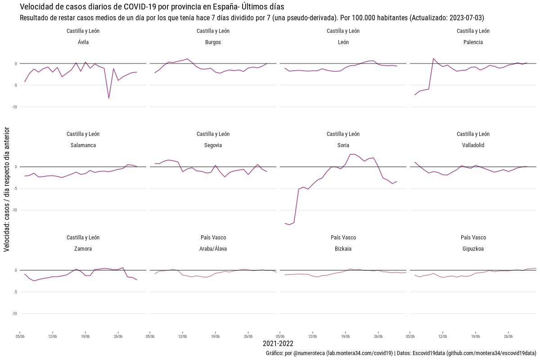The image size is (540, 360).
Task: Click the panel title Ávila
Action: (x=83, y=42)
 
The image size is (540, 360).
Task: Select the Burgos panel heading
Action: (x=213, y=42)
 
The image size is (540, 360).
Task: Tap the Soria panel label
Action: (x=343, y=145)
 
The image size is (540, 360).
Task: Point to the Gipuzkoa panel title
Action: (x=473, y=248)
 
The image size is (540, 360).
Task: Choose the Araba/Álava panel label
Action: (x=213, y=248)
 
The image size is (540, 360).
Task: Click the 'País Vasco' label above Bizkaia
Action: (x=343, y=238)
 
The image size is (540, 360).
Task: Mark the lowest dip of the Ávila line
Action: (x=109, y=98)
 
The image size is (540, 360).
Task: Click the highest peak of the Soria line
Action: (x=353, y=154)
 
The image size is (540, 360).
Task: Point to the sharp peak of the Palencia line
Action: (x=433, y=58)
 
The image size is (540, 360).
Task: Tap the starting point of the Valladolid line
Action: (x=415, y=162)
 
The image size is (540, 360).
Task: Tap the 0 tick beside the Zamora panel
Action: (x=16, y=270)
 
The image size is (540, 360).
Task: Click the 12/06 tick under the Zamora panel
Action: (x=52, y=336)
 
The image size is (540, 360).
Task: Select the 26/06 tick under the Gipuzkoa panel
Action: (x=508, y=336)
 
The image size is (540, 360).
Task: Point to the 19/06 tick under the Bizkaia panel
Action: (x=346, y=336)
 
